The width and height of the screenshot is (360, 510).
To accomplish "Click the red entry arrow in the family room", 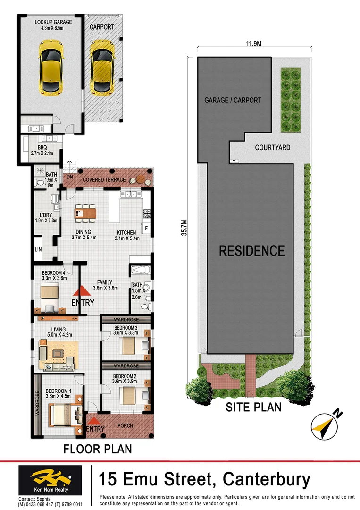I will click(x=81, y=292).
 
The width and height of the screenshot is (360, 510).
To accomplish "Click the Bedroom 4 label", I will click(x=53, y=275).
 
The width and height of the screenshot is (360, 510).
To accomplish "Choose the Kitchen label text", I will click(x=125, y=235).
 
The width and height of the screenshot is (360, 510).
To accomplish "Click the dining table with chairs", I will click(x=85, y=213).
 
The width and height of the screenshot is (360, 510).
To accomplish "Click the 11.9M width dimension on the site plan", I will click(x=253, y=44).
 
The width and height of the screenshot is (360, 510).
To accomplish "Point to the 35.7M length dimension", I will click(x=184, y=227).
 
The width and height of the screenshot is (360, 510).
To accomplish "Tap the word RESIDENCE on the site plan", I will click(x=251, y=251).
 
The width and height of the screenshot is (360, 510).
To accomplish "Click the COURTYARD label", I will click(x=272, y=148).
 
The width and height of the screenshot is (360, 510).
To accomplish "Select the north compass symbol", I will click(x=325, y=425).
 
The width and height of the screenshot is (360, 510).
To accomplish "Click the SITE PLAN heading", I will click(x=253, y=407).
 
